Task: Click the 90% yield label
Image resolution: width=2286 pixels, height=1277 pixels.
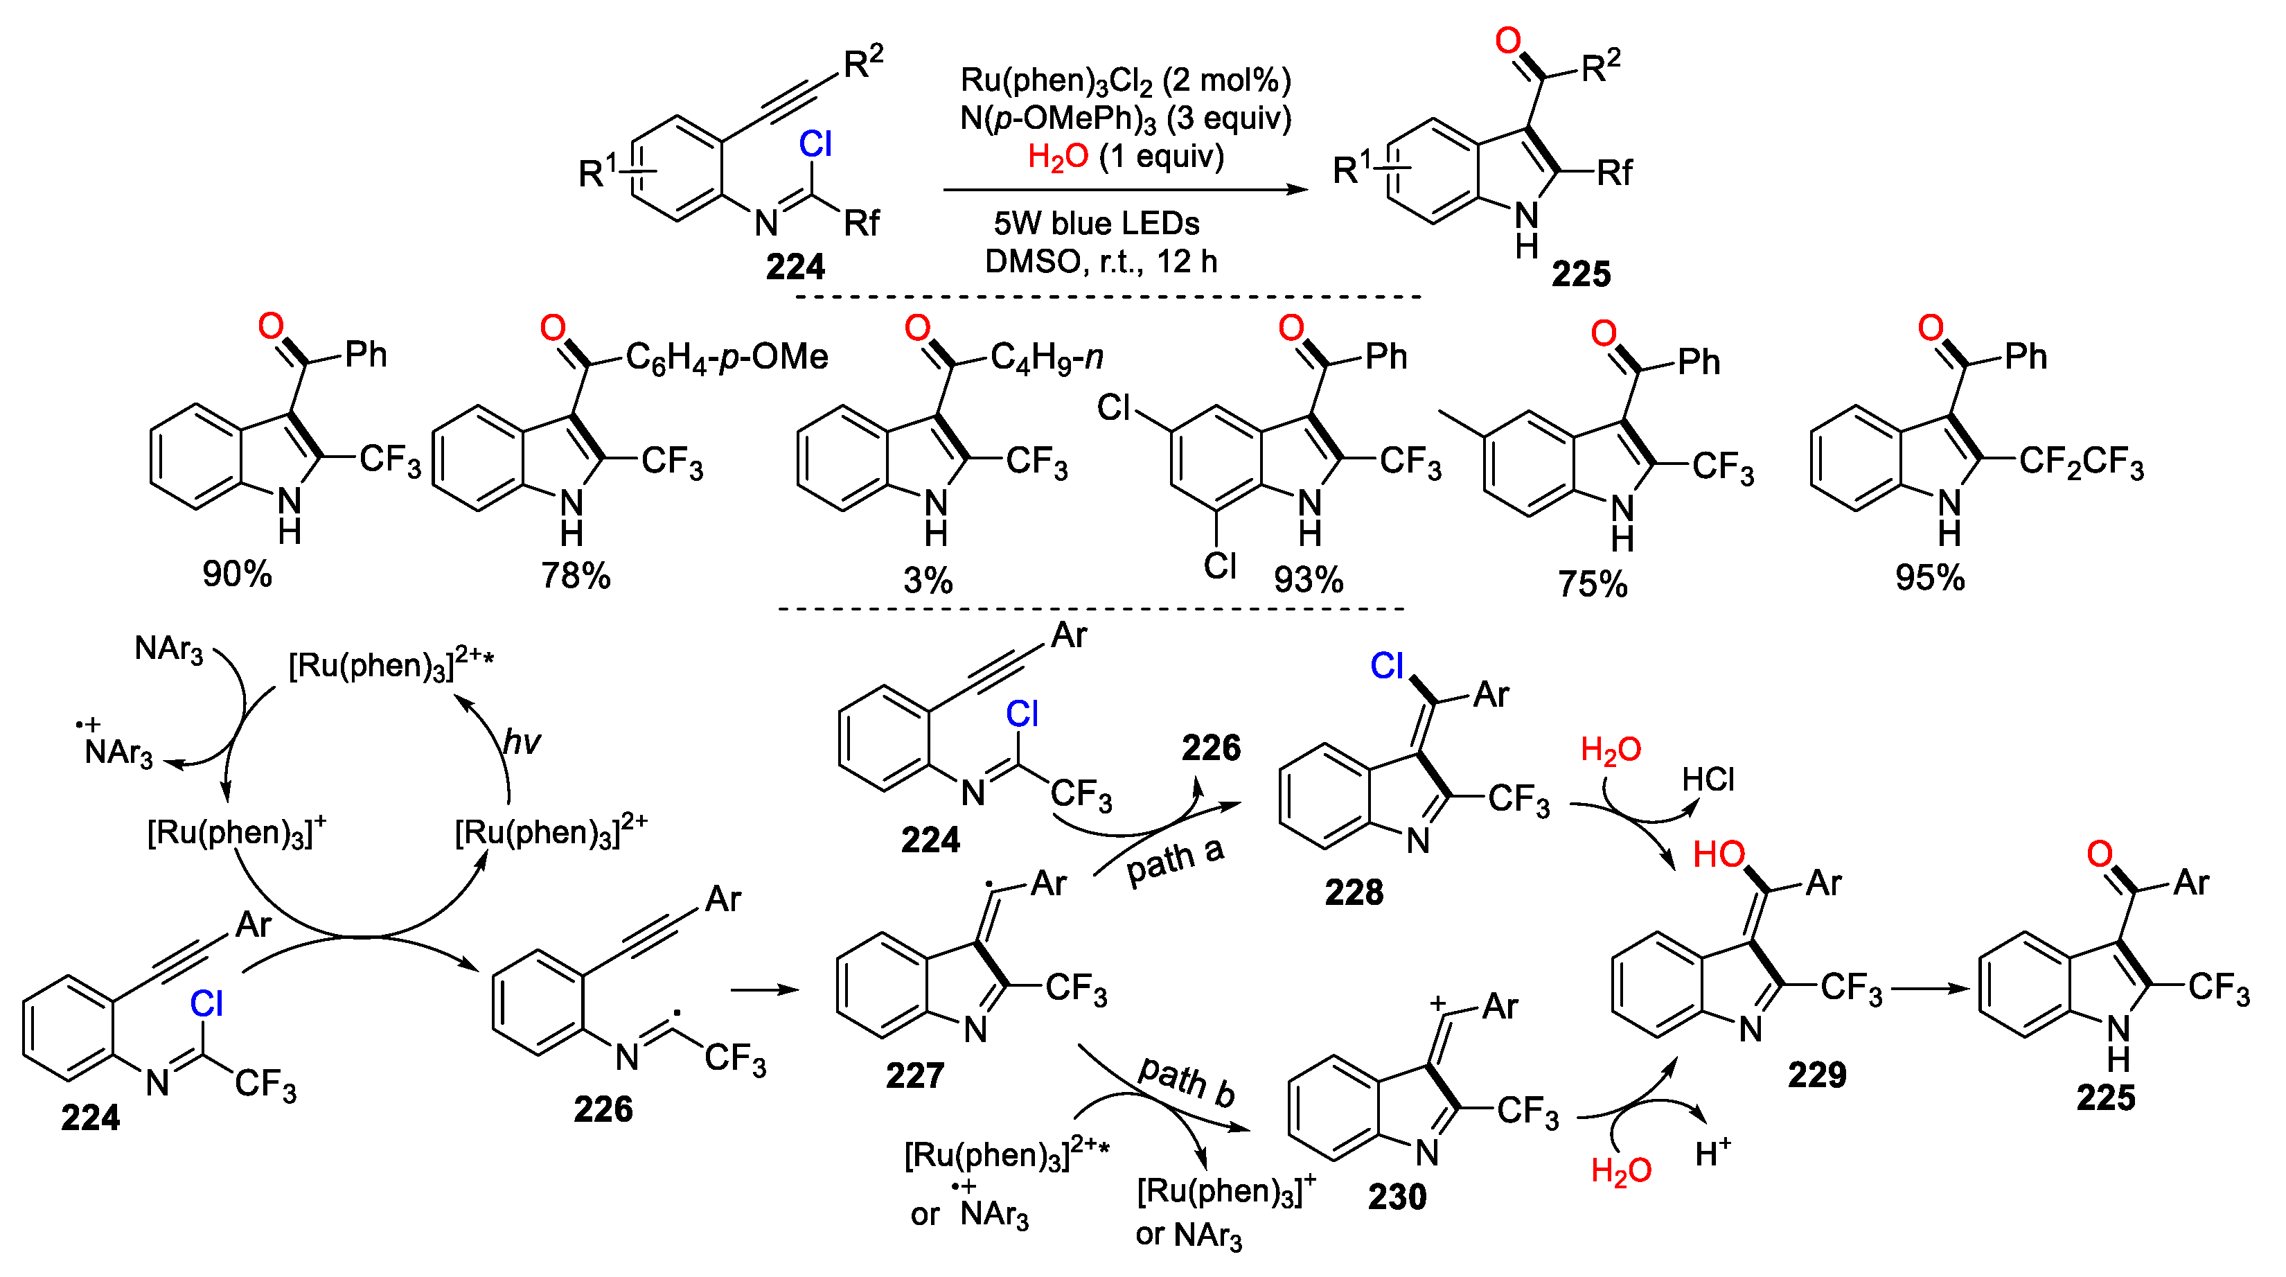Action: [237, 574]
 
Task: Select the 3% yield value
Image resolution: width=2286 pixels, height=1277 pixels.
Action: [928, 581]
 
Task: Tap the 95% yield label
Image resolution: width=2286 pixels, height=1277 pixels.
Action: [1929, 578]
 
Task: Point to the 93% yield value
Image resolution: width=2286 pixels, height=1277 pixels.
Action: [1308, 579]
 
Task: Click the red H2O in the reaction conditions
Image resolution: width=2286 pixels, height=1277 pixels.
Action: [1057, 157]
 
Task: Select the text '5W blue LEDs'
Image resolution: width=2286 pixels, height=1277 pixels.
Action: [1096, 222]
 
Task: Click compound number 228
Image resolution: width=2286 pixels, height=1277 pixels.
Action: [1354, 892]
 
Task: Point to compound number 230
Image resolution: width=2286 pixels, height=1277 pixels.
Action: [1397, 1196]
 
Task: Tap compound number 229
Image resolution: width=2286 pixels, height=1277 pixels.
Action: [1816, 1075]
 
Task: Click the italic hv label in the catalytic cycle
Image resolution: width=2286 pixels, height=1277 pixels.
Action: [521, 741]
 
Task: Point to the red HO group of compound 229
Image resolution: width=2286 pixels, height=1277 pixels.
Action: [1718, 854]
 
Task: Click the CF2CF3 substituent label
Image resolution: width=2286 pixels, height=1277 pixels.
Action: [2081, 462]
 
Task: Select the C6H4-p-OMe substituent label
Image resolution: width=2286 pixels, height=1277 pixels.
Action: [726, 358]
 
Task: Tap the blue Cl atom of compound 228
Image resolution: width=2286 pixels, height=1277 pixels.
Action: [1386, 666]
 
